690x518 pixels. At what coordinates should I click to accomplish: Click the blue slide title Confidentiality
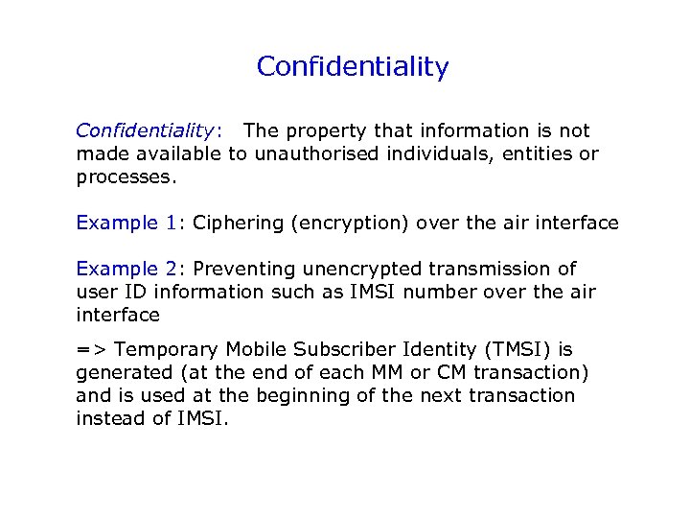(x=353, y=67)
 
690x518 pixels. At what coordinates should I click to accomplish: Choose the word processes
(x=126, y=177)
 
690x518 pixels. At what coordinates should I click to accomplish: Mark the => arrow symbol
(x=91, y=350)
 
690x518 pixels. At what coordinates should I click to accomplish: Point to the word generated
(x=123, y=373)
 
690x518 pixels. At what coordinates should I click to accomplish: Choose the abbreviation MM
(x=395, y=373)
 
